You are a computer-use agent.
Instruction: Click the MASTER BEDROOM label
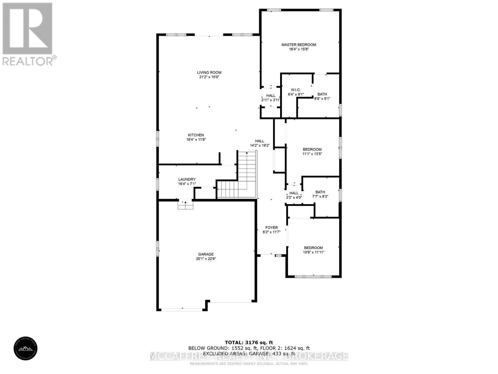click(x=298, y=45)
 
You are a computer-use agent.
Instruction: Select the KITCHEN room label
click(x=196, y=135)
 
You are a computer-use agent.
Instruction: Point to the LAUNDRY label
click(x=187, y=180)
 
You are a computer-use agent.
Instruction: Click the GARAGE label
click(x=206, y=254)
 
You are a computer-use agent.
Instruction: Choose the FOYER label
click(x=271, y=228)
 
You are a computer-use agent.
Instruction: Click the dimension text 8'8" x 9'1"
click(x=322, y=98)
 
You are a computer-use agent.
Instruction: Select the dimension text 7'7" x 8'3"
click(x=320, y=197)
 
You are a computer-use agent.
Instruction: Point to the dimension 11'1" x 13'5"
click(x=312, y=154)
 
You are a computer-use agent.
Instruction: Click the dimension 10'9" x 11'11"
click(x=313, y=252)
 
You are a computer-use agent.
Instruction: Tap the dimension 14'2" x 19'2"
click(x=260, y=145)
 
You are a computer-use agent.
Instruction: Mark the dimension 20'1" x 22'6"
click(x=206, y=259)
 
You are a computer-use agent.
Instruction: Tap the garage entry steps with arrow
click(x=186, y=205)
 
